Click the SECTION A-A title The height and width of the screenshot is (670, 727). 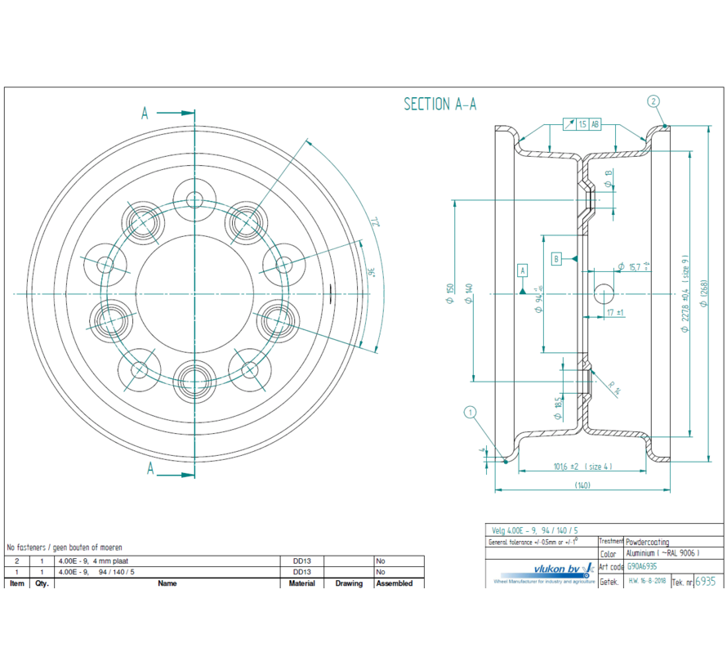[439, 104]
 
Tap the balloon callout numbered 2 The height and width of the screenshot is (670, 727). [653, 101]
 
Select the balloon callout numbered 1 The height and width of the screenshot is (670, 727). [470, 413]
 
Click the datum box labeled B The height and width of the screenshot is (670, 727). [556, 259]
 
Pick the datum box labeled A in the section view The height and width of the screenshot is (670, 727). [523, 270]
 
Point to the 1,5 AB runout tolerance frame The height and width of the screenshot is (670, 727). [587, 125]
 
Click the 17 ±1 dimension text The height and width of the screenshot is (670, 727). [615, 313]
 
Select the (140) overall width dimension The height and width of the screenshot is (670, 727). [582, 485]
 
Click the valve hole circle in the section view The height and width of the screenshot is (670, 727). [604, 293]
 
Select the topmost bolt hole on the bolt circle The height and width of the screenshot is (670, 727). [194, 199]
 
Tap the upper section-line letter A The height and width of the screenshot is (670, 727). [145, 114]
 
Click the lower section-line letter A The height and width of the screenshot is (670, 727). [149, 468]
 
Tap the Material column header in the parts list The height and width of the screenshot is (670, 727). [302, 583]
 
